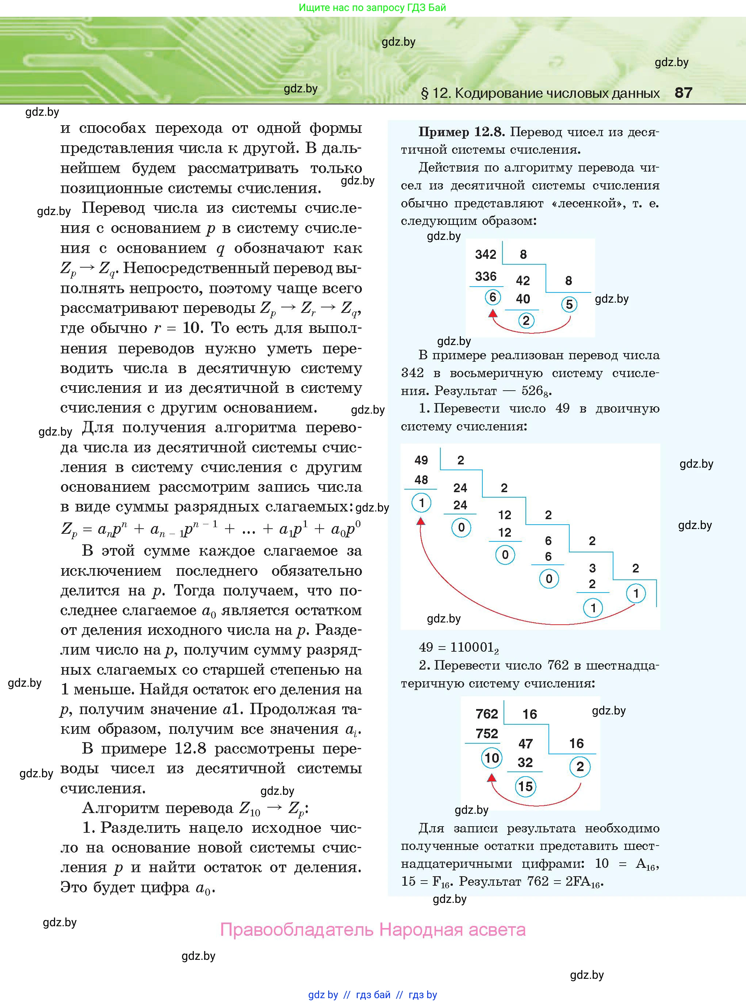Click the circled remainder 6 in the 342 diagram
pos(493,297)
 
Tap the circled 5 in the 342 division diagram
pos(569,304)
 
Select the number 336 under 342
pos(485,276)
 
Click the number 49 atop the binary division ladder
pos(421,460)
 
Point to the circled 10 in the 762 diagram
pos(492,758)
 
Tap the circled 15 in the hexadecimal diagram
pos(525,786)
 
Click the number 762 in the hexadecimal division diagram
pos(487,714)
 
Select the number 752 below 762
pos(487,733)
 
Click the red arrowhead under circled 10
pos(492,777)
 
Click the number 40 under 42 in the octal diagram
pos(523,299)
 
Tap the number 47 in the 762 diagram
pos(525,744)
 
